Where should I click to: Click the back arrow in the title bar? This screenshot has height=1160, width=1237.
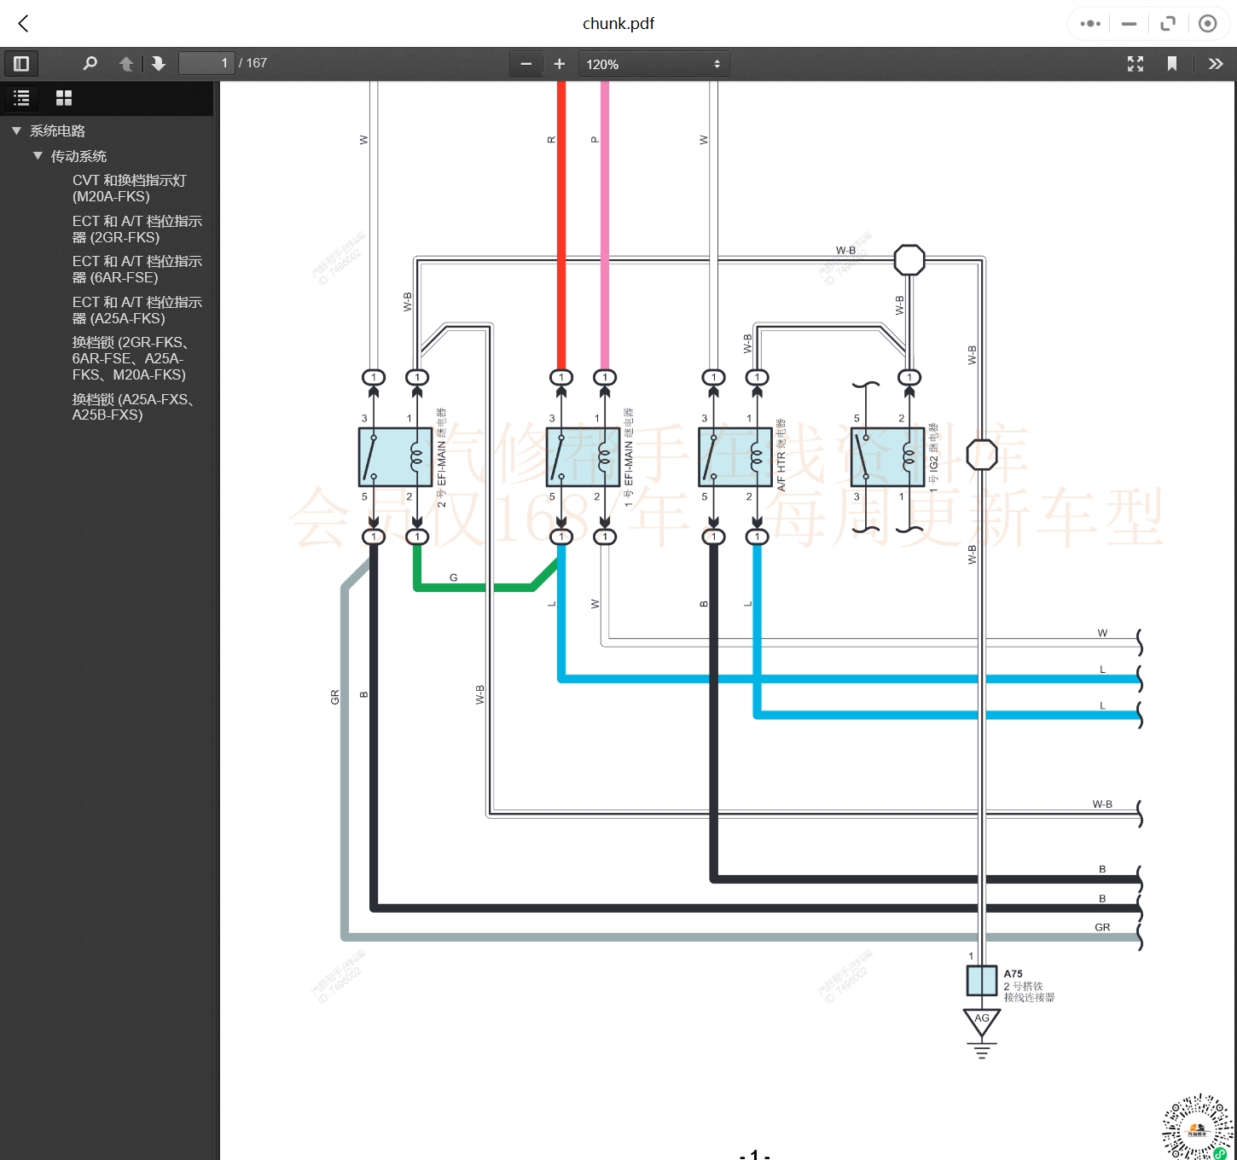(x=23, y=24)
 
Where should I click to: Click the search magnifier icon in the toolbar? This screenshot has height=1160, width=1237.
(x=90, y=63)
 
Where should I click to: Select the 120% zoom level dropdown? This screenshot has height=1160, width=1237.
(x=653, y=64)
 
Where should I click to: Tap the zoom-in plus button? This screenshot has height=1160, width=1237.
(x=560, y=64)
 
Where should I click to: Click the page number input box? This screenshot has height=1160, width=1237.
(x=206, y=63)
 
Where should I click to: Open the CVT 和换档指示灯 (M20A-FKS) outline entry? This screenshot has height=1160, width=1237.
(x=129, y=188)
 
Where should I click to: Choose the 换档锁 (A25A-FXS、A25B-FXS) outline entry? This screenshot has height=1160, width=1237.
(x=132, y=407)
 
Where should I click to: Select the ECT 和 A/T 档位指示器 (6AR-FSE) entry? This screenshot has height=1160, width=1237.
(x=136, y=270)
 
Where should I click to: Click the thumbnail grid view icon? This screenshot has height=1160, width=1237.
(x=64, y=98)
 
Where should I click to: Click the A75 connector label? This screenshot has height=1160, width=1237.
(x=1013, y=973)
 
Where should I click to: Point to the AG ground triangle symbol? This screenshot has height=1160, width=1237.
(x=982, y=1021)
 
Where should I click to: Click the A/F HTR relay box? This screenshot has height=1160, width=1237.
(x=735, y=457)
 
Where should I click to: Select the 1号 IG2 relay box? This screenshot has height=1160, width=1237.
(x=887, y=457)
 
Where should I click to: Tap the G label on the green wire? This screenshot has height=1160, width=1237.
(x=453, y=577)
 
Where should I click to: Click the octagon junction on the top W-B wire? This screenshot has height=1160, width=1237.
(x=909, y=260)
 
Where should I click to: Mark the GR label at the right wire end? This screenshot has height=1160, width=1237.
(x=1102, y=927)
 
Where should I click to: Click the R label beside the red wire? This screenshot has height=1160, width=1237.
(x=551, y=140)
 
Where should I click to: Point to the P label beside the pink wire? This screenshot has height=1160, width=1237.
(x=595, y=140)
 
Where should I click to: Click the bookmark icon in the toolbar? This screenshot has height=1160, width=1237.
(x=1172, y=64)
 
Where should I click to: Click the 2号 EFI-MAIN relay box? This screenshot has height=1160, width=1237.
(x=395, y=457)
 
